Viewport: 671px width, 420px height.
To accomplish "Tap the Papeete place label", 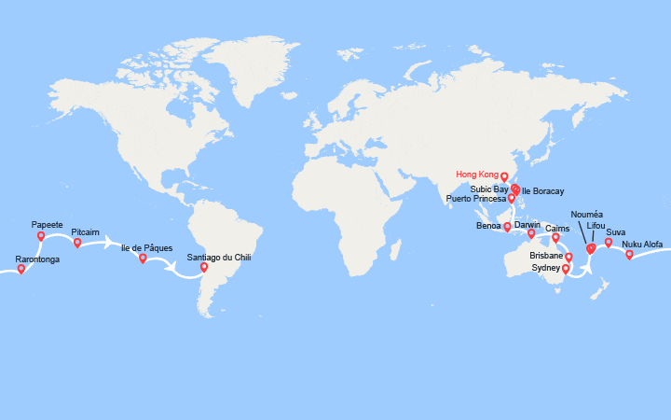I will point(48,225).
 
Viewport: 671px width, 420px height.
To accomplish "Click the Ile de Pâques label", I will point(144,247).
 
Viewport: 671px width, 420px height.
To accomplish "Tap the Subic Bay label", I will point(489,189).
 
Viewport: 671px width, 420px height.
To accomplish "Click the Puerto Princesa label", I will point(476,199).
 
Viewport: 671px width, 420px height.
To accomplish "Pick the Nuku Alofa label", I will point(642,244).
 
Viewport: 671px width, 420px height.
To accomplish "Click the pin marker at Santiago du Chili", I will point(204,268).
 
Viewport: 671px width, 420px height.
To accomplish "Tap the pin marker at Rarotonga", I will point(21,270).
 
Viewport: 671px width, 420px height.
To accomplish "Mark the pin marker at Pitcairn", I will point(77,243).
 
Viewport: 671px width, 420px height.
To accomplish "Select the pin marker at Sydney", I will point(566,269).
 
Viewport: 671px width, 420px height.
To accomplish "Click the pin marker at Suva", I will point(609,243).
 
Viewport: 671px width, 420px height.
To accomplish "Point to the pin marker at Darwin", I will point(532,233).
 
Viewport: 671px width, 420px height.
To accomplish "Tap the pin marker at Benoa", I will point(507,227).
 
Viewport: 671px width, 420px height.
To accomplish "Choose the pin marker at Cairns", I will point(555,238).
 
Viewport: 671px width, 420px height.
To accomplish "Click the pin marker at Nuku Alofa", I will point(629,254).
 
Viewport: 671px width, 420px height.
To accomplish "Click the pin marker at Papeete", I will point(41,236).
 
